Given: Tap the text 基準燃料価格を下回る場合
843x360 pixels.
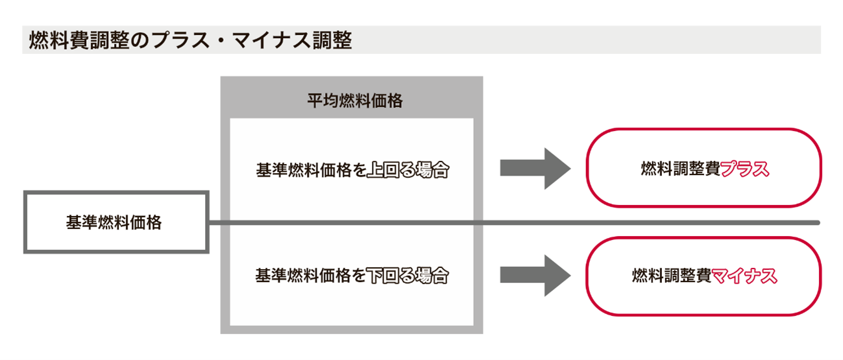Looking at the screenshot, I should (352, 275).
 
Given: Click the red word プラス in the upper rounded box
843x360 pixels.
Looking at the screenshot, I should (744, 169).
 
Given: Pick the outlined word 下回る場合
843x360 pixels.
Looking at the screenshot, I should (408, 275).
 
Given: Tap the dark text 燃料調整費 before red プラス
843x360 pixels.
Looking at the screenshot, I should (680, 169).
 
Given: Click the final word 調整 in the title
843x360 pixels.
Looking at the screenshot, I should (335, 41).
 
